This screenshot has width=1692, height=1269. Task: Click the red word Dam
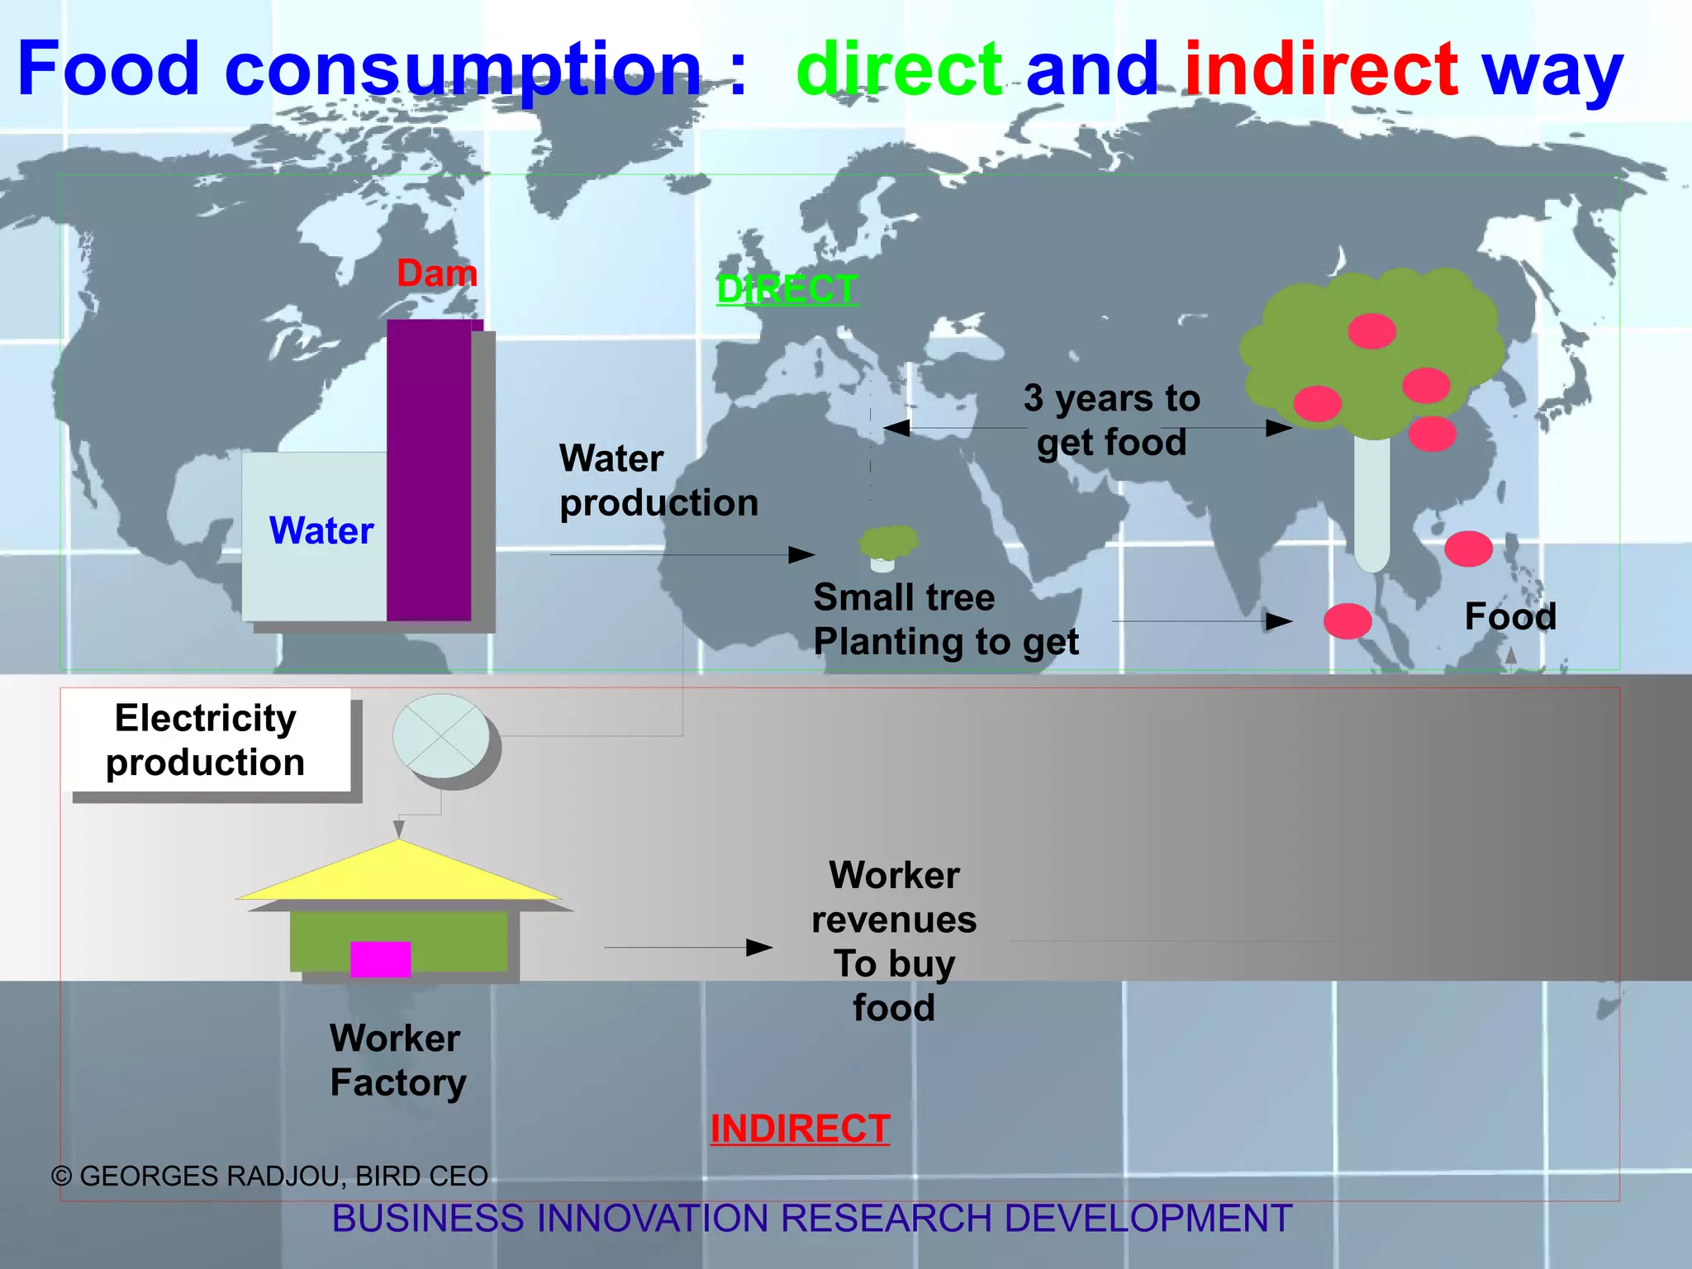click(x=437, y=273)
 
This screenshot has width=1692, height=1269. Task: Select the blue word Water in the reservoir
click(x=321, y=530)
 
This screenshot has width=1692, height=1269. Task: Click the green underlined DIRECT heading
click(x=787, y=289)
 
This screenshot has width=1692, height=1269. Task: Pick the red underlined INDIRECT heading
click(x=800, y=1129)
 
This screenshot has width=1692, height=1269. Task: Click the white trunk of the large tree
click(x=1371, y=504)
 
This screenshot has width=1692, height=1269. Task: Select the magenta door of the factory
click(x=380, y=959)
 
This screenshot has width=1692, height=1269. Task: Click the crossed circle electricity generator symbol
click(x=441, y=736)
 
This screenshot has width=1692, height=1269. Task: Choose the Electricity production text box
click(x=206, y=740)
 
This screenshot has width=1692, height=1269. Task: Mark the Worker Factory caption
click(x=397, y=1061)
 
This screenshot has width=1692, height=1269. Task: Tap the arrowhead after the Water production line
click(x=801, y=554)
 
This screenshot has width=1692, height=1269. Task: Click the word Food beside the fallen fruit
click(x=1510, y=616)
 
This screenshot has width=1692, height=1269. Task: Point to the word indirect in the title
click(x=1321, y=69)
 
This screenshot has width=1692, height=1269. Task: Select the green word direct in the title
click(x=899, y=69)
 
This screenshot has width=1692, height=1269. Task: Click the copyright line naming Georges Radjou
click(x=270, y=1176)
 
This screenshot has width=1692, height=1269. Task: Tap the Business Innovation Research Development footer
click(x=812, y=1219)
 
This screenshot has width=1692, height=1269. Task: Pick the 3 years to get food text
click(x=1111, y=421)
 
